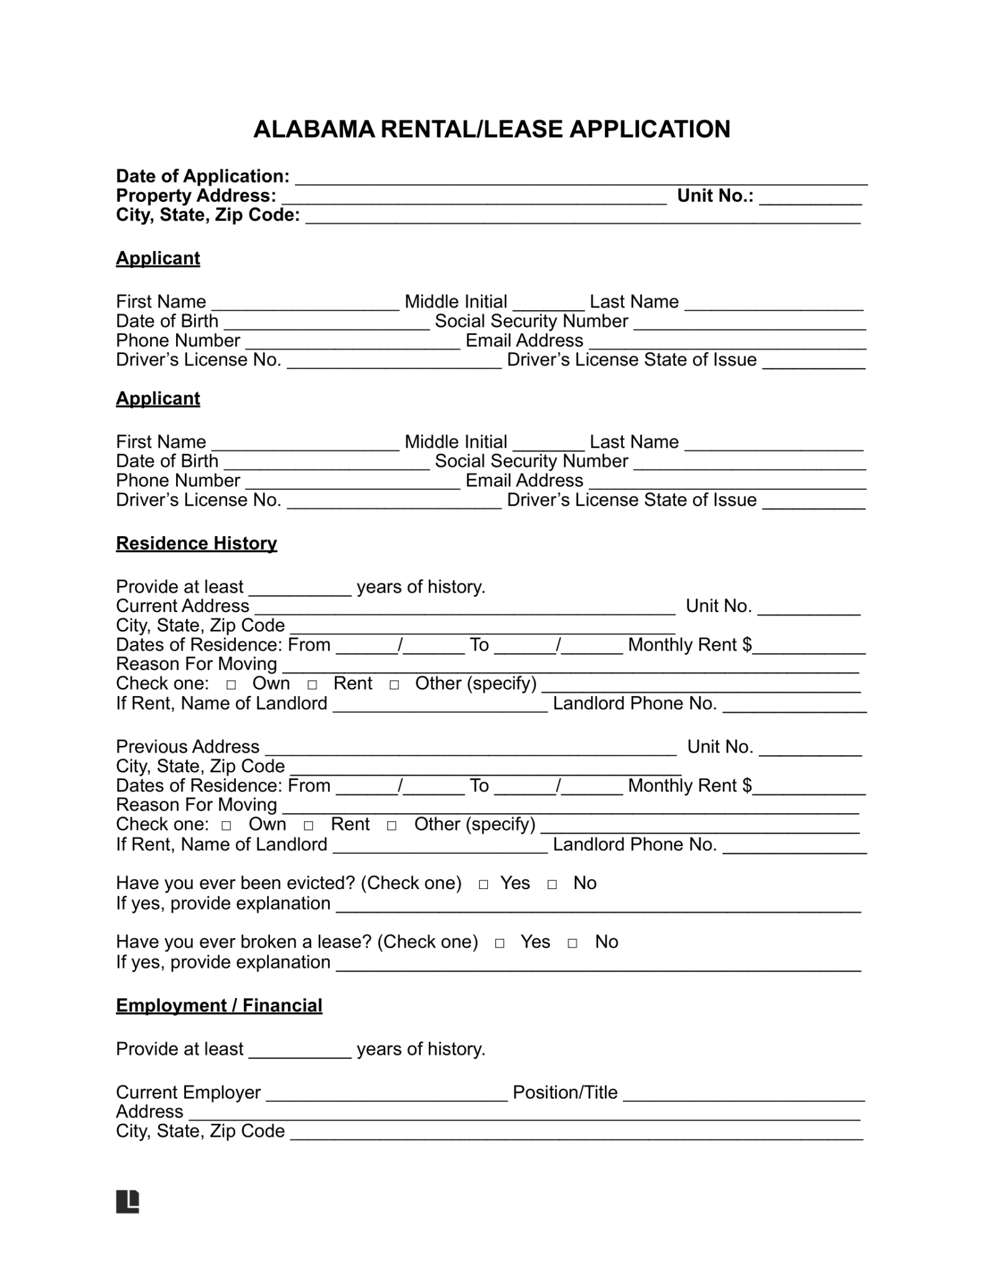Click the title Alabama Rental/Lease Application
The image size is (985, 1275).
tap(492, 129)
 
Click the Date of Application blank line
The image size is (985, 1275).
tap(581, 178)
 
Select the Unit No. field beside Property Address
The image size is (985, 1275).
tap(810, 198)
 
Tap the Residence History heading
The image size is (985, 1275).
tap(196, 543)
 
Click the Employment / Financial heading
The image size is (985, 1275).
tap(219, 1005)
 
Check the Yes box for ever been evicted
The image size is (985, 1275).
tap(483, 885)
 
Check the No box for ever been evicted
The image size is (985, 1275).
tap(552, 885)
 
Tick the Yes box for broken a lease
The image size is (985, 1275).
tap(500, 943)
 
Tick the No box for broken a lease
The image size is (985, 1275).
tap(572, 943)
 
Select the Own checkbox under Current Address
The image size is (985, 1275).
tap(231, 685)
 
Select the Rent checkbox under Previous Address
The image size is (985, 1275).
tap(309, 826)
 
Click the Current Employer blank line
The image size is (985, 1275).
tap(386, 1095)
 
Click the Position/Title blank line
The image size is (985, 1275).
tap(744, 1095)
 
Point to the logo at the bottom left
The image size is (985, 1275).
tap(128, 1201)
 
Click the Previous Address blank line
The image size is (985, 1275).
tap(470, 749)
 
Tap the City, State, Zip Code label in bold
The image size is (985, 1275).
tap(208, 215)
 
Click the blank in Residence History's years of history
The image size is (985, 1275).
tap(300, 589)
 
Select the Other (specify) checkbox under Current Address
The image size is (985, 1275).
tap(394, 685)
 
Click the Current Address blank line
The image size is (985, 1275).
tap(465, 608)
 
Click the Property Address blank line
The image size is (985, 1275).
tap(474, 198)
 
